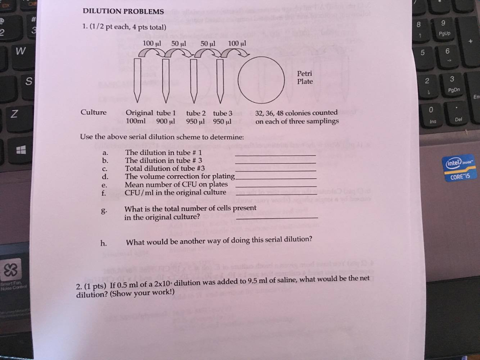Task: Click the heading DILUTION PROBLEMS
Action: click(x=123, y=11)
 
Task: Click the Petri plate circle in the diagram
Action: click(x=261, y=80)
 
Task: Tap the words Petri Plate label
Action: click(x=305, y=78)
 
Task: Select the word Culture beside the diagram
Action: click(x=93, y=112)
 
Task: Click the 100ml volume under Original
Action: click(x=135, y=121)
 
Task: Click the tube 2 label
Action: click(x=196, y=113)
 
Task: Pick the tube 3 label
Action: click(x=223, y=113)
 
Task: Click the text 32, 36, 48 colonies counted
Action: click(x=296, y=113)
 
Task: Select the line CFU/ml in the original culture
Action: click(x=175, y=192)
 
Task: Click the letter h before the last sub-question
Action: click(x=103, y=243)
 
